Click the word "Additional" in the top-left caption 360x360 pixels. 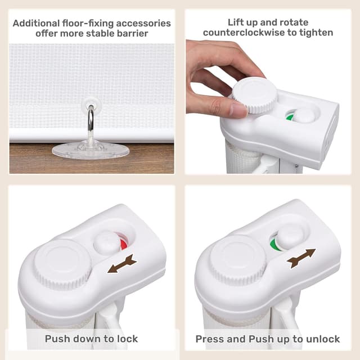pos(36,23)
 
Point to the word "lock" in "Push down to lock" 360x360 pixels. pos(128,339)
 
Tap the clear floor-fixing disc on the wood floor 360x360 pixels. pos(91,150)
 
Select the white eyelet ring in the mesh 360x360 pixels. pos(91,103)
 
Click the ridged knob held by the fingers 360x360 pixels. pos(255,95)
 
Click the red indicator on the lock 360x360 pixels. pos(124,244)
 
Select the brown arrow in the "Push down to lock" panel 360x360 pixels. pos(122,264)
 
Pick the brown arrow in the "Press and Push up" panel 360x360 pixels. pos(301,258)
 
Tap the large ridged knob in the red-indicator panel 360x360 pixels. pos(63,264)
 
